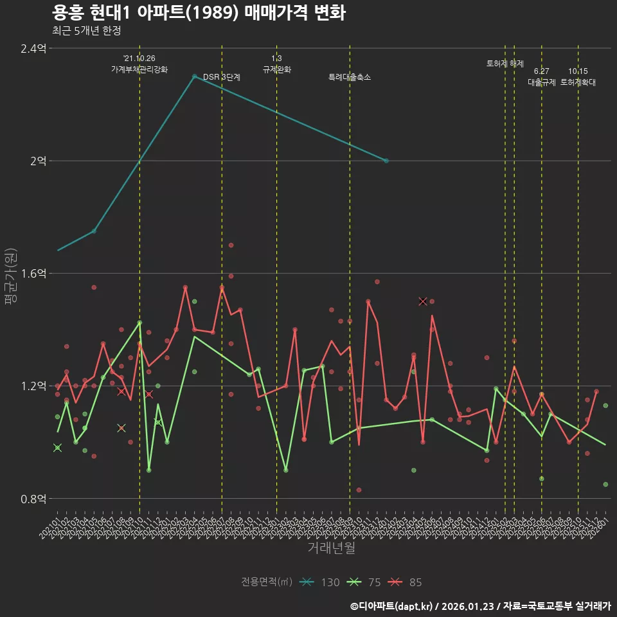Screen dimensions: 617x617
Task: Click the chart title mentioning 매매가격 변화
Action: click(199, 12)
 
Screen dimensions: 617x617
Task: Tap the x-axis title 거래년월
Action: click(331, 548)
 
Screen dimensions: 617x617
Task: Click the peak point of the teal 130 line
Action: click(194, 76)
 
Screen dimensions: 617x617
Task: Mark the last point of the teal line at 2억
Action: click(386, 161)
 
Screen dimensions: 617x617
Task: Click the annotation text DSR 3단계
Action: click(222, 77)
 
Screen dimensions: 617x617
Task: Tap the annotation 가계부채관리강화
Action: click(139, 69)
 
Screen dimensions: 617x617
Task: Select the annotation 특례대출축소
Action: click(349, 77)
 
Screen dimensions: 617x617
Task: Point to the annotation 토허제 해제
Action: click(505, 64)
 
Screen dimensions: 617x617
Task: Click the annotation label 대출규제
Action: click(542, 82)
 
